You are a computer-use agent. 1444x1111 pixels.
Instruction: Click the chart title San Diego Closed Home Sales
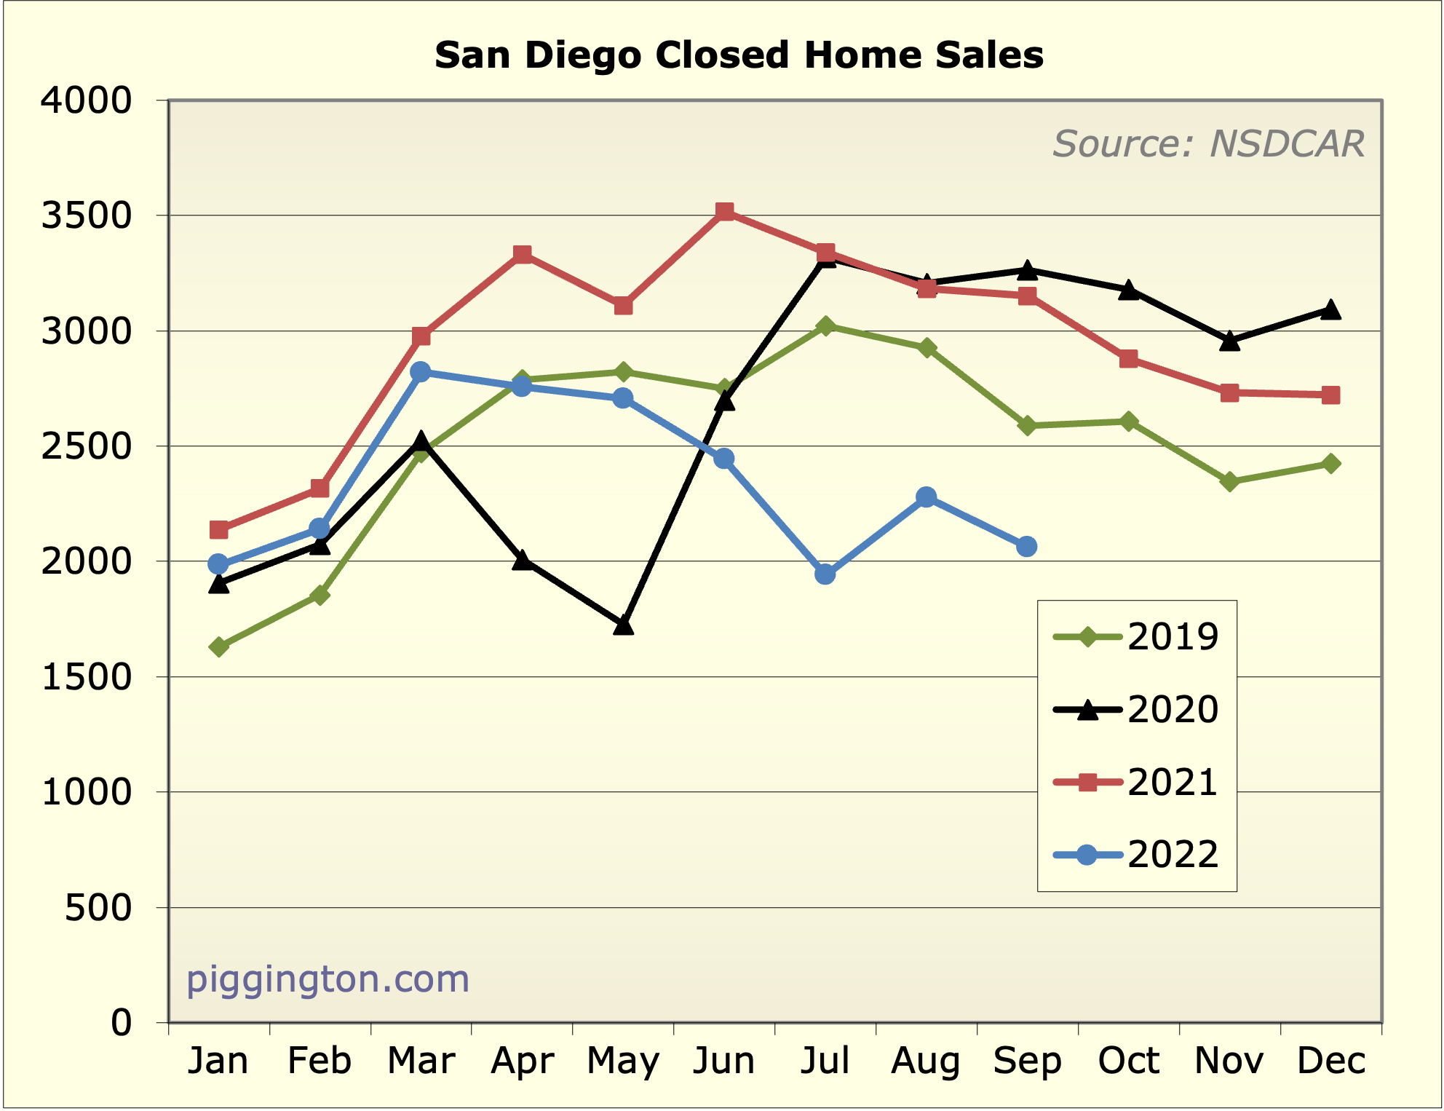pos(739,55)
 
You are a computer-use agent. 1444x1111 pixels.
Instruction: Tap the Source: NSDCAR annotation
pos(1208,143)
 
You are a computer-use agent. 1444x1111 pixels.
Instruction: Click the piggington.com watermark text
pos(328,979)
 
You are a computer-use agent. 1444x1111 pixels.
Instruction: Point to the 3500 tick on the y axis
pos(86,216)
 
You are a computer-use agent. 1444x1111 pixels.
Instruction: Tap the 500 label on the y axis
pos(98,908)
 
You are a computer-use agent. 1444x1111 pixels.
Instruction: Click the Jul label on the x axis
pos(825,1061)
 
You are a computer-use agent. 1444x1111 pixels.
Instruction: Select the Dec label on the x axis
pos(1331,1061)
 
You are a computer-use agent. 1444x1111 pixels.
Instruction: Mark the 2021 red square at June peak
pos(724,212)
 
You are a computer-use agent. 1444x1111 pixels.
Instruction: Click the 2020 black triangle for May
pos(623,625)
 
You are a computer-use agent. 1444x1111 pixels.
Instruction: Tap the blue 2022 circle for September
pos(1027,546)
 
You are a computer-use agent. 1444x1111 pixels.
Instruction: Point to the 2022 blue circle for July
pos(825,574)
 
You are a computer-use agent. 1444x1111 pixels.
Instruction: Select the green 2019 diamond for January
pos(219,647)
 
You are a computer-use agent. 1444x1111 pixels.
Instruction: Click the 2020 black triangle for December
pos(1330,310)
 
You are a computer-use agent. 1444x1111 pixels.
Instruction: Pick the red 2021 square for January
pos(219,529)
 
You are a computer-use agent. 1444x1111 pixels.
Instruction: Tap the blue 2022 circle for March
pos(421,371)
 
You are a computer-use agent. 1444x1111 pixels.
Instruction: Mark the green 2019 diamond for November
pos(1229,481)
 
